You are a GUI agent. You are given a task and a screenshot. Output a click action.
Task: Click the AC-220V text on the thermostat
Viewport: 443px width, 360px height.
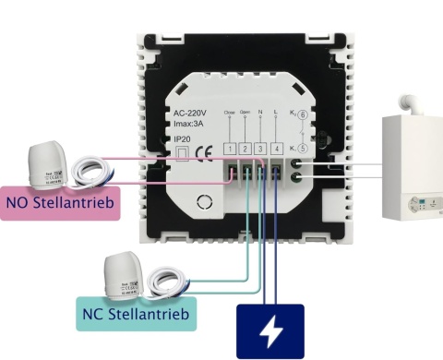(191, 114)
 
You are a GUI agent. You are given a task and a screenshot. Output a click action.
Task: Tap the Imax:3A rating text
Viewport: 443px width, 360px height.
(191, 126)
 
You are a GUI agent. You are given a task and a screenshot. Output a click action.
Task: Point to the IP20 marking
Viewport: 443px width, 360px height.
(182, 138)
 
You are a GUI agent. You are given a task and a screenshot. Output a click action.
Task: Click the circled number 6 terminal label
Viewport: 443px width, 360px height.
(301, 116)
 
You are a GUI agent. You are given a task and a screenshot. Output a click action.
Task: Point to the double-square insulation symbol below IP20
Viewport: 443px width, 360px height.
(182, 154)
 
